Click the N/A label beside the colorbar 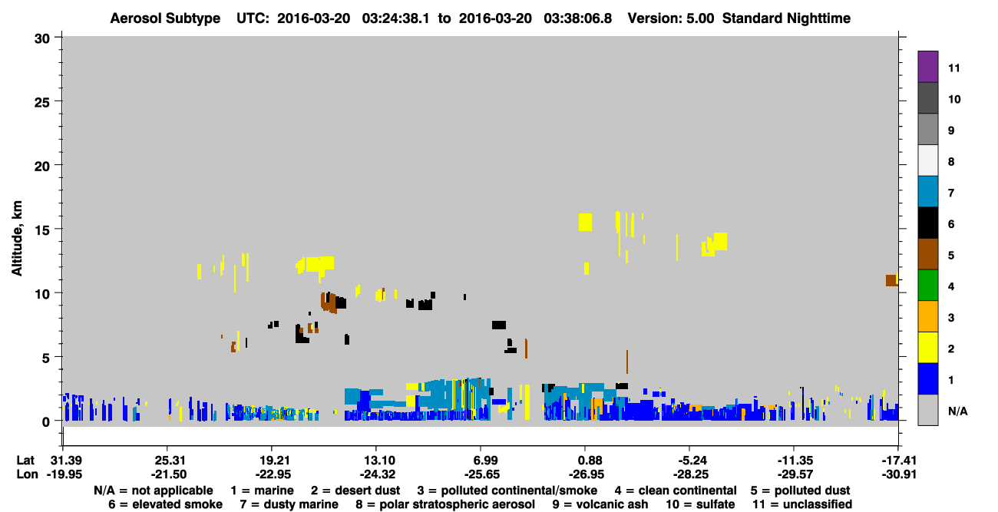coord(957,411)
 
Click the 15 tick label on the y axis coord(42,230)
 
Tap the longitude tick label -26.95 coord(587,474)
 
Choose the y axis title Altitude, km coord(16,239)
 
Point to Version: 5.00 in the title coord(670,18)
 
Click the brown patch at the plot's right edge coord(891,280)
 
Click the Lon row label coord(27,474)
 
